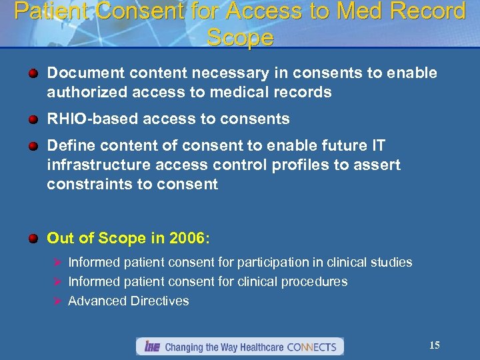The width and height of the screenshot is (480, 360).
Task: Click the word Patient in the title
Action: pyautogui.click(x=47, y=11)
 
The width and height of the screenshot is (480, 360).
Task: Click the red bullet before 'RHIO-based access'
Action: pyautogui.click(x=33, y=119)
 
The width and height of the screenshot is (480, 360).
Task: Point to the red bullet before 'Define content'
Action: pyautogui.click(x=33, y=146)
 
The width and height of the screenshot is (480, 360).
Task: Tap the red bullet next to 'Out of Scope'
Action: pyautogui.click(x=33, y=238)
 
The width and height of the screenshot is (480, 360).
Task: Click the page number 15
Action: pyautogui.click(x=434, y=345)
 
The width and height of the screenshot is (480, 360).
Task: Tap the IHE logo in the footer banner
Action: pyautogui.click(x=151, y=347)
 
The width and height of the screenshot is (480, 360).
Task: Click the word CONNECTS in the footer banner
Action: pyautogui.click(x=313, y=347)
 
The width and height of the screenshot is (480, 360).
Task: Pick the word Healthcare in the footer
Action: pyautogui.click(x=257, y=347)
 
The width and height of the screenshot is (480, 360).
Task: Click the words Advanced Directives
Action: pyautogui.click(x=129, y=301)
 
